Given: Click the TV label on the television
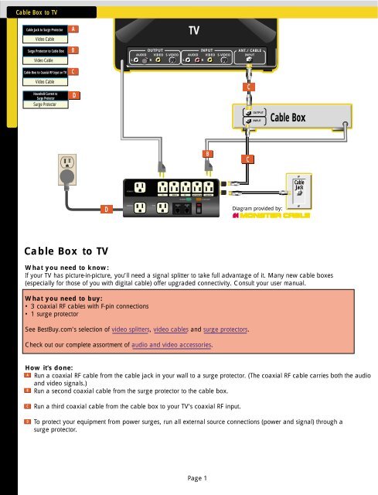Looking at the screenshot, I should tap(196, 30).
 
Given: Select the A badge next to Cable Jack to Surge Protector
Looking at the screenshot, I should tap(73, 29).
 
